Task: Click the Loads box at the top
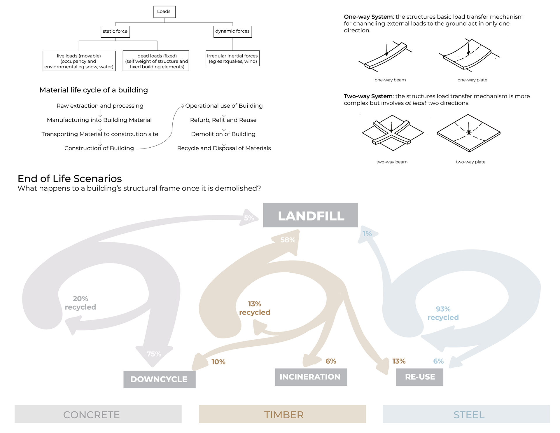pos(164,12)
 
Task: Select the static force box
pos(115,32)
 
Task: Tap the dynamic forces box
pos(232,31)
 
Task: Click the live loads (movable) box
pos(79,61)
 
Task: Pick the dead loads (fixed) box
pos(156,61)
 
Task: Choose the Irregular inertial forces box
pos(232,58)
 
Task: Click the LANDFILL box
pos(310,215)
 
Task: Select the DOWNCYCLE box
pos(159,379)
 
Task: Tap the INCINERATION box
pos(311,377)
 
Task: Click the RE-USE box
pos(420,377)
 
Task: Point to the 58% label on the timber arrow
pos(288,240)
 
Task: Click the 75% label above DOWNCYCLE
pos(154,354)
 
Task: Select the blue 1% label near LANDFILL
pos(367,234)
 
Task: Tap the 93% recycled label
pos(443,313)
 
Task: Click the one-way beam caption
pos(390,80)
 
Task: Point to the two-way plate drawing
pos(468,133)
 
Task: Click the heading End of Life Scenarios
pos(70,179)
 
